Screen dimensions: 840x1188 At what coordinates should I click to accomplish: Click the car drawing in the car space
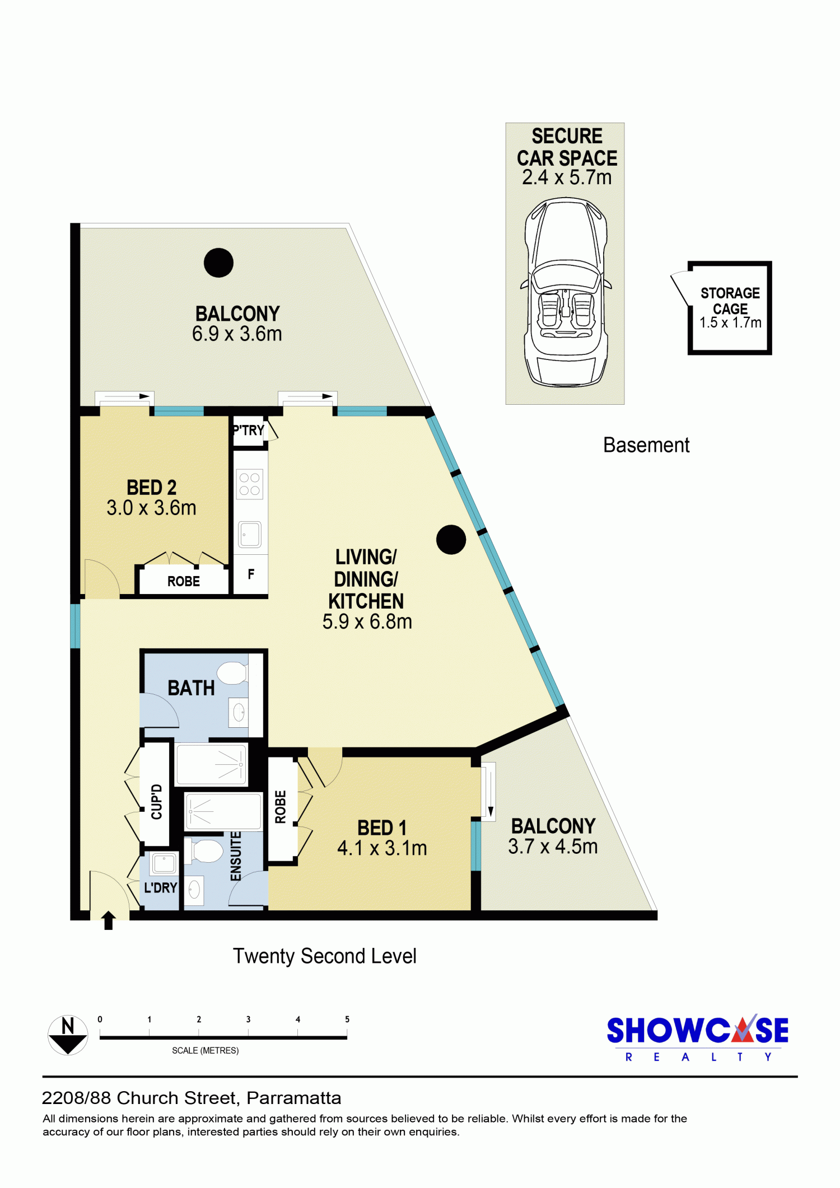tap(566, 292)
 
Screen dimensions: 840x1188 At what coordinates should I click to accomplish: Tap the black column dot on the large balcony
tap(218, 263)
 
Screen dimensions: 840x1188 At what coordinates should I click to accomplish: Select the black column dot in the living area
tap(451, 540)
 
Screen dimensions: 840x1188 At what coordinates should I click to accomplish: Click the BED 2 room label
tap(151, 488)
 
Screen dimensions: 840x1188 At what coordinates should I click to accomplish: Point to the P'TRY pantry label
tap(249, 430)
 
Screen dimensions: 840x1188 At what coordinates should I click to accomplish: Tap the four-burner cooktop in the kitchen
tap(250, 484)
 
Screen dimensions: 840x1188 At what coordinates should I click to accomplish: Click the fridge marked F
tap(250, 574)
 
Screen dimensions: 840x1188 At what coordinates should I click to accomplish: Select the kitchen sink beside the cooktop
tap(250, 534)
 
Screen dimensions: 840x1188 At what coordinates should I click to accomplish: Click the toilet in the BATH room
tap(232, 673)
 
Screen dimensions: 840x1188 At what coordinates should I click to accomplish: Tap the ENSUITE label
tap(236, 856)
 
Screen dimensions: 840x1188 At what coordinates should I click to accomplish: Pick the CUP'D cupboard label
tap(156, 802)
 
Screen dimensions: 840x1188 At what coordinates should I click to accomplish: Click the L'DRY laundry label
tap(161, 887)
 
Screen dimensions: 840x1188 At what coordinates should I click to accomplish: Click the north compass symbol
tap(68, 1035)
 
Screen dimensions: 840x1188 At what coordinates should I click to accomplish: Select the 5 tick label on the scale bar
tap(347, 1019)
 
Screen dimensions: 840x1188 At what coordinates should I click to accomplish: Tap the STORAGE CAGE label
tap(730, 301)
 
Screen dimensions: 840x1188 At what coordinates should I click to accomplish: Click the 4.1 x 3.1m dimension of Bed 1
tap(382, 848)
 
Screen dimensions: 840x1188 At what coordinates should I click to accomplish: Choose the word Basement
tap(646, 445)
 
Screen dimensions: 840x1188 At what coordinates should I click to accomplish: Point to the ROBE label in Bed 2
tap(184, 581)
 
